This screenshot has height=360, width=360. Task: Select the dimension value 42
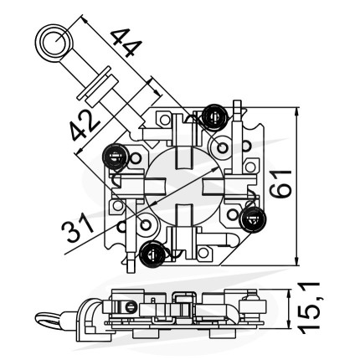[x=84, y=126]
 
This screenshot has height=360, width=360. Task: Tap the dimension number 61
[x=280, y=183]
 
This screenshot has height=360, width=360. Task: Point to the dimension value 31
[x=77, y=227]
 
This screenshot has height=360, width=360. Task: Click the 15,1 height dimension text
[x=309, y=307]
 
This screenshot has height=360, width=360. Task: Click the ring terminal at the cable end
[x=54, y=44]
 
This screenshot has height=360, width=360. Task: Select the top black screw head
[x=214, y=117]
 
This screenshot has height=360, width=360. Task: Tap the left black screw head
[x=116, y=156]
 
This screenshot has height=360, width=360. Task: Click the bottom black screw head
[x=152, y=254]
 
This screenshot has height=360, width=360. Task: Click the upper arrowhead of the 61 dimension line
[x=297, y=111]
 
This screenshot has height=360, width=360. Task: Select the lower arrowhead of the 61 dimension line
[x=297, y=260]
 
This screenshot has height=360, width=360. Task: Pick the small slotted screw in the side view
[x=130, y=308]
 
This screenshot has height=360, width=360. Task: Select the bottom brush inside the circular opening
[x=185, y=213]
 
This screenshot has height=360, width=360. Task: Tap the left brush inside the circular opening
[x=156, y=186]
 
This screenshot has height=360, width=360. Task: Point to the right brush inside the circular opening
[x=213, y=186]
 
